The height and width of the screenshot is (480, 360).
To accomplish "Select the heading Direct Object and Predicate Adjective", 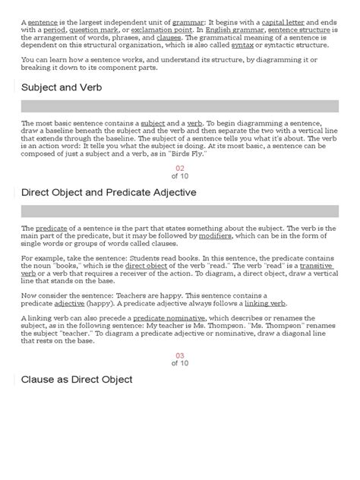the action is (109, 192).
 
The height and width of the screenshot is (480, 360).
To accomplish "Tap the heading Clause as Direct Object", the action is (77, 379).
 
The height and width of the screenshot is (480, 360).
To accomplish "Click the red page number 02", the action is (180, 169).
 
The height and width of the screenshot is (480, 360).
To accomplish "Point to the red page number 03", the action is (180, 355).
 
